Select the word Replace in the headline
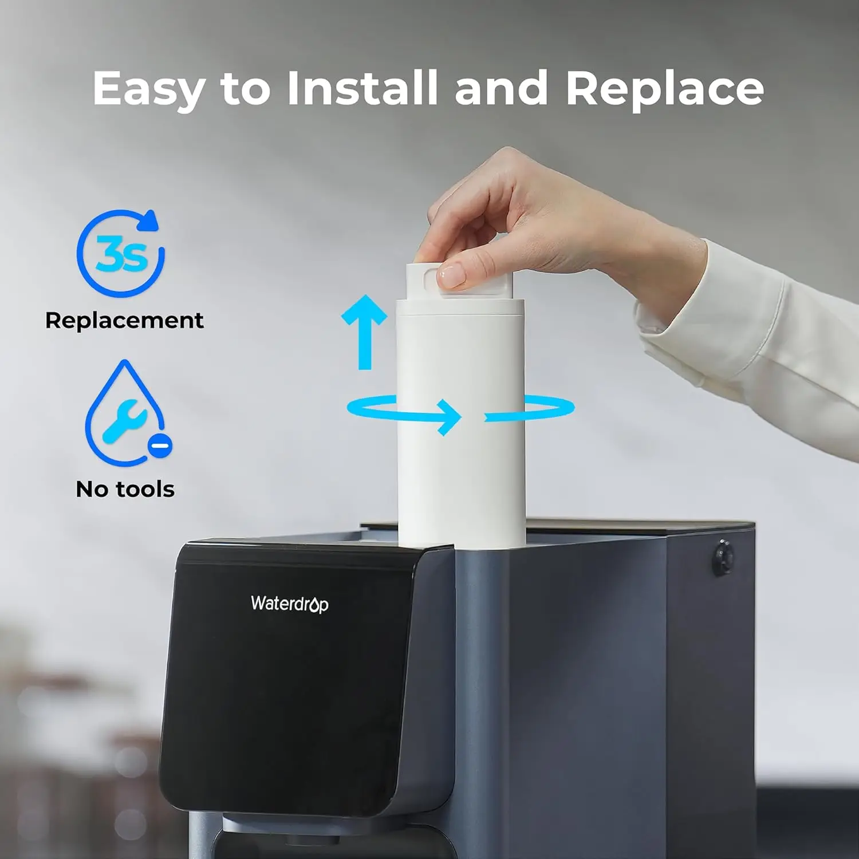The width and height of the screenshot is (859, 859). pos(664,89)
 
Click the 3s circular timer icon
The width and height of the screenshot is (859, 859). pos(121,254)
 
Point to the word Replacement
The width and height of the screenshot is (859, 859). pos(124,320)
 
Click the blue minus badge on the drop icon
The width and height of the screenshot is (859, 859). pos(160,445)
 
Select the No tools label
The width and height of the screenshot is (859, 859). pos(125,489)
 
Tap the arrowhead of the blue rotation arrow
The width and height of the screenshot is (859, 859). pos(449,416)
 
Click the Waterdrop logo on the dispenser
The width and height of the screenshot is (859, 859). pos(289,604)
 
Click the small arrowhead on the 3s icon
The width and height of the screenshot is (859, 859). pos(151,220)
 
